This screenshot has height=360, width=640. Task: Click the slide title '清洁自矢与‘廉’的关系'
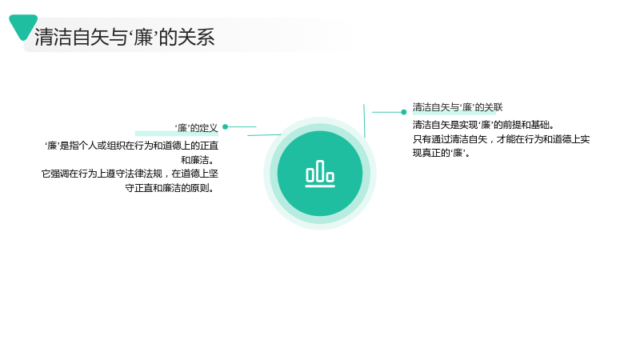[125, 37]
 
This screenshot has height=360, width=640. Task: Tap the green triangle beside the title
[23, 26]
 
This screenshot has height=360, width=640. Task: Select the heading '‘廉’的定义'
[196, 128]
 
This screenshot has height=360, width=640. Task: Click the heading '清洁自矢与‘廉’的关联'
[457, 107]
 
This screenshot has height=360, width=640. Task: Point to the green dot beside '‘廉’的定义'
[226, 127]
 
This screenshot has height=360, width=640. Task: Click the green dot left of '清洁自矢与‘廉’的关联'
[404, 112]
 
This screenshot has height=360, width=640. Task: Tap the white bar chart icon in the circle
[320, 174]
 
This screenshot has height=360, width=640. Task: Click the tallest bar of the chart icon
[320, 170]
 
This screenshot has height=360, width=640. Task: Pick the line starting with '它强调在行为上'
[130, 174]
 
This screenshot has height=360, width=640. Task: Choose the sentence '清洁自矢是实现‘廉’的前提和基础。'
[483, 125]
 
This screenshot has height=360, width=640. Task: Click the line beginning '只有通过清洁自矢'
[502, 138]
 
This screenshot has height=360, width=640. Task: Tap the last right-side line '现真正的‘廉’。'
[442, 153]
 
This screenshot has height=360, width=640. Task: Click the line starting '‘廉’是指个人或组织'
[131, 146]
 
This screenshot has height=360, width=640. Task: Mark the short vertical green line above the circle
[364, 121]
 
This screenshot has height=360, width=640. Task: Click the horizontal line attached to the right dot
[386, 112]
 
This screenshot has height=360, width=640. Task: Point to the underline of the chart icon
[320, 186]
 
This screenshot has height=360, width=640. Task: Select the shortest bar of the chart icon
[330, 177]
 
